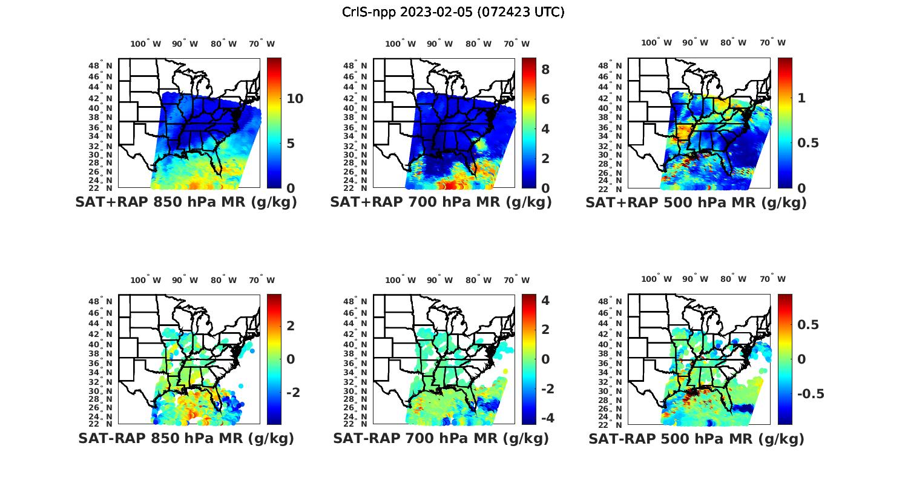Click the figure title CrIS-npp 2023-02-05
(453, 12)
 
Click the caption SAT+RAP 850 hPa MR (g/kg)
(186, 202)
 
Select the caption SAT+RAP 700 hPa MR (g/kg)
(441, 202)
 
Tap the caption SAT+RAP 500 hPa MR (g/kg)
(696, 202)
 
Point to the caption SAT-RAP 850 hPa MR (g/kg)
(186, 438)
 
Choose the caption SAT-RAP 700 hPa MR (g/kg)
(441, 438)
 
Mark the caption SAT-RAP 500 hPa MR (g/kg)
(696, 438)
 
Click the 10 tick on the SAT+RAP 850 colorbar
(295, 99)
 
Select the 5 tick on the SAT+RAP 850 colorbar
(291, 144)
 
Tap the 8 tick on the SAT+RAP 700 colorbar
(545, 70)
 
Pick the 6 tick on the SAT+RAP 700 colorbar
(545, 99)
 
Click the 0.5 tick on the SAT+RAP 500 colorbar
(808, 143)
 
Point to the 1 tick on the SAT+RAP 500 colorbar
(802, 98)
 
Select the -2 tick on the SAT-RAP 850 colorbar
(293, 393)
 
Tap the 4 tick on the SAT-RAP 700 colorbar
(545, 301)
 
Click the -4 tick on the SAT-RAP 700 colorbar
(547, 418)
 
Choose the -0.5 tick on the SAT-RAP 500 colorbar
(810, 394)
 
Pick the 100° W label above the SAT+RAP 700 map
(400, 44)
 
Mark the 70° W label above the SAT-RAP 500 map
(772, 279)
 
